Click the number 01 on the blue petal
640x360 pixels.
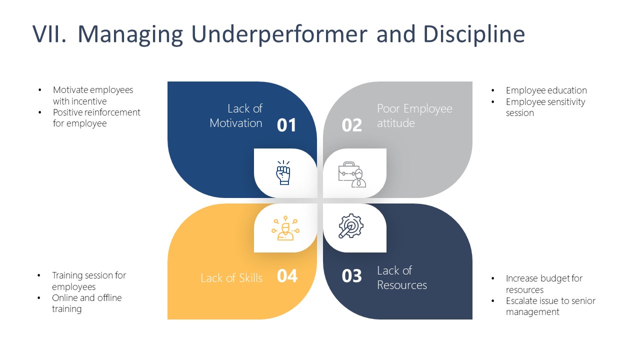(x=286, y=125)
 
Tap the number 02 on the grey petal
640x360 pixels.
(x=351, y=125)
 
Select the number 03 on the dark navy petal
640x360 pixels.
(x=351, y=275)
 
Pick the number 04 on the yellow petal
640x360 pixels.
(x=287, y=275)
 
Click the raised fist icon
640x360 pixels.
(x=283, y=173)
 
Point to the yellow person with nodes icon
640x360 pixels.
(x=285, y=228)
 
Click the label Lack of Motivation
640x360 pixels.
(x=236, y=116)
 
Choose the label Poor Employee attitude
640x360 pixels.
(x=414, y=116)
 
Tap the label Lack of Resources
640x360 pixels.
(x=401, y=278)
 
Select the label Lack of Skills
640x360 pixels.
(x=231, y=278)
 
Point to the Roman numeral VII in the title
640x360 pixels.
(x=49, y=34)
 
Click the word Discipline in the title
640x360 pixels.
(x=474, y=34)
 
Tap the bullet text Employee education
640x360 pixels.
(x=546, y=90)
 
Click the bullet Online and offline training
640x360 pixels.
(x=86, y=303)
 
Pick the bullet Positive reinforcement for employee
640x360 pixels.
(x=96, y=117)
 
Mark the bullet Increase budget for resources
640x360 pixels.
(x=544, y=284)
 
